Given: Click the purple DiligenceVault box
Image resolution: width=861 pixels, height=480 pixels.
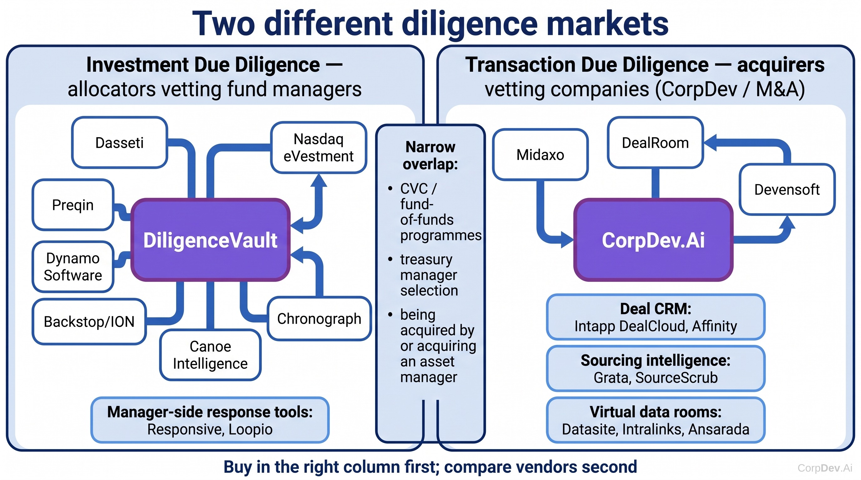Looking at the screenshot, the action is point(210,240).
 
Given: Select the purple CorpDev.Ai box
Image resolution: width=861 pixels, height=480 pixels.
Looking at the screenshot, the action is point(654,240).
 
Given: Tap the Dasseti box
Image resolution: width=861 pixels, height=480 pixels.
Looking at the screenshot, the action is point(120,142).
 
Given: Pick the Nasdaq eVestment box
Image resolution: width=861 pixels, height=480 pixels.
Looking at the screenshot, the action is point(318,147).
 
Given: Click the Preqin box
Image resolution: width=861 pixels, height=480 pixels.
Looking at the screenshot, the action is point(73,205).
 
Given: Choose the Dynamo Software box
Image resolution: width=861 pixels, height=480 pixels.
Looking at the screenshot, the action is point(73,267).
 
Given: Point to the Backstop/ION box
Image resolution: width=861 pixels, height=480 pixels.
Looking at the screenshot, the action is point(89,322).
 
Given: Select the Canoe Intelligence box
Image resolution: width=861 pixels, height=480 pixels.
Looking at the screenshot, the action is point(210,355).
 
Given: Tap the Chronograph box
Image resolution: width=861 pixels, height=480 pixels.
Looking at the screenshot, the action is point(319,318).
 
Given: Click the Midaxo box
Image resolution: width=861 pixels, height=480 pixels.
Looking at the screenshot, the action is point(540,155).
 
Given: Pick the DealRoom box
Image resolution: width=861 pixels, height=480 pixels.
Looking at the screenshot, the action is point(655,142).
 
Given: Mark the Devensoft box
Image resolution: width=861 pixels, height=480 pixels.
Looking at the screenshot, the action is point(787,189).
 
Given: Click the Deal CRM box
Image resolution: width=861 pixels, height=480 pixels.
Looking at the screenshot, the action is point(655,317).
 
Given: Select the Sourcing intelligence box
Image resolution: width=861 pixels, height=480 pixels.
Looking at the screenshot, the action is point(655,368).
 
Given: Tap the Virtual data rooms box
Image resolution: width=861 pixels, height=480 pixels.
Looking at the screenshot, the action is point(655,420).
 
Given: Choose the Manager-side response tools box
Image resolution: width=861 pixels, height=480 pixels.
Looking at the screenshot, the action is point(210,420).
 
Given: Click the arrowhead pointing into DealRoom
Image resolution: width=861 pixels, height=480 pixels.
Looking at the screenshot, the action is point(710,142).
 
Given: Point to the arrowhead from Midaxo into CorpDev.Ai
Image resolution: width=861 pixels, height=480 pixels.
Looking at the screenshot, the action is point(567,240).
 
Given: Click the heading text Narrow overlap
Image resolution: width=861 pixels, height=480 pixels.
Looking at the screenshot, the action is point(430,155).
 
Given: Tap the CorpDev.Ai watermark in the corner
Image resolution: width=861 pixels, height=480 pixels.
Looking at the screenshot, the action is point(825,467).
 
